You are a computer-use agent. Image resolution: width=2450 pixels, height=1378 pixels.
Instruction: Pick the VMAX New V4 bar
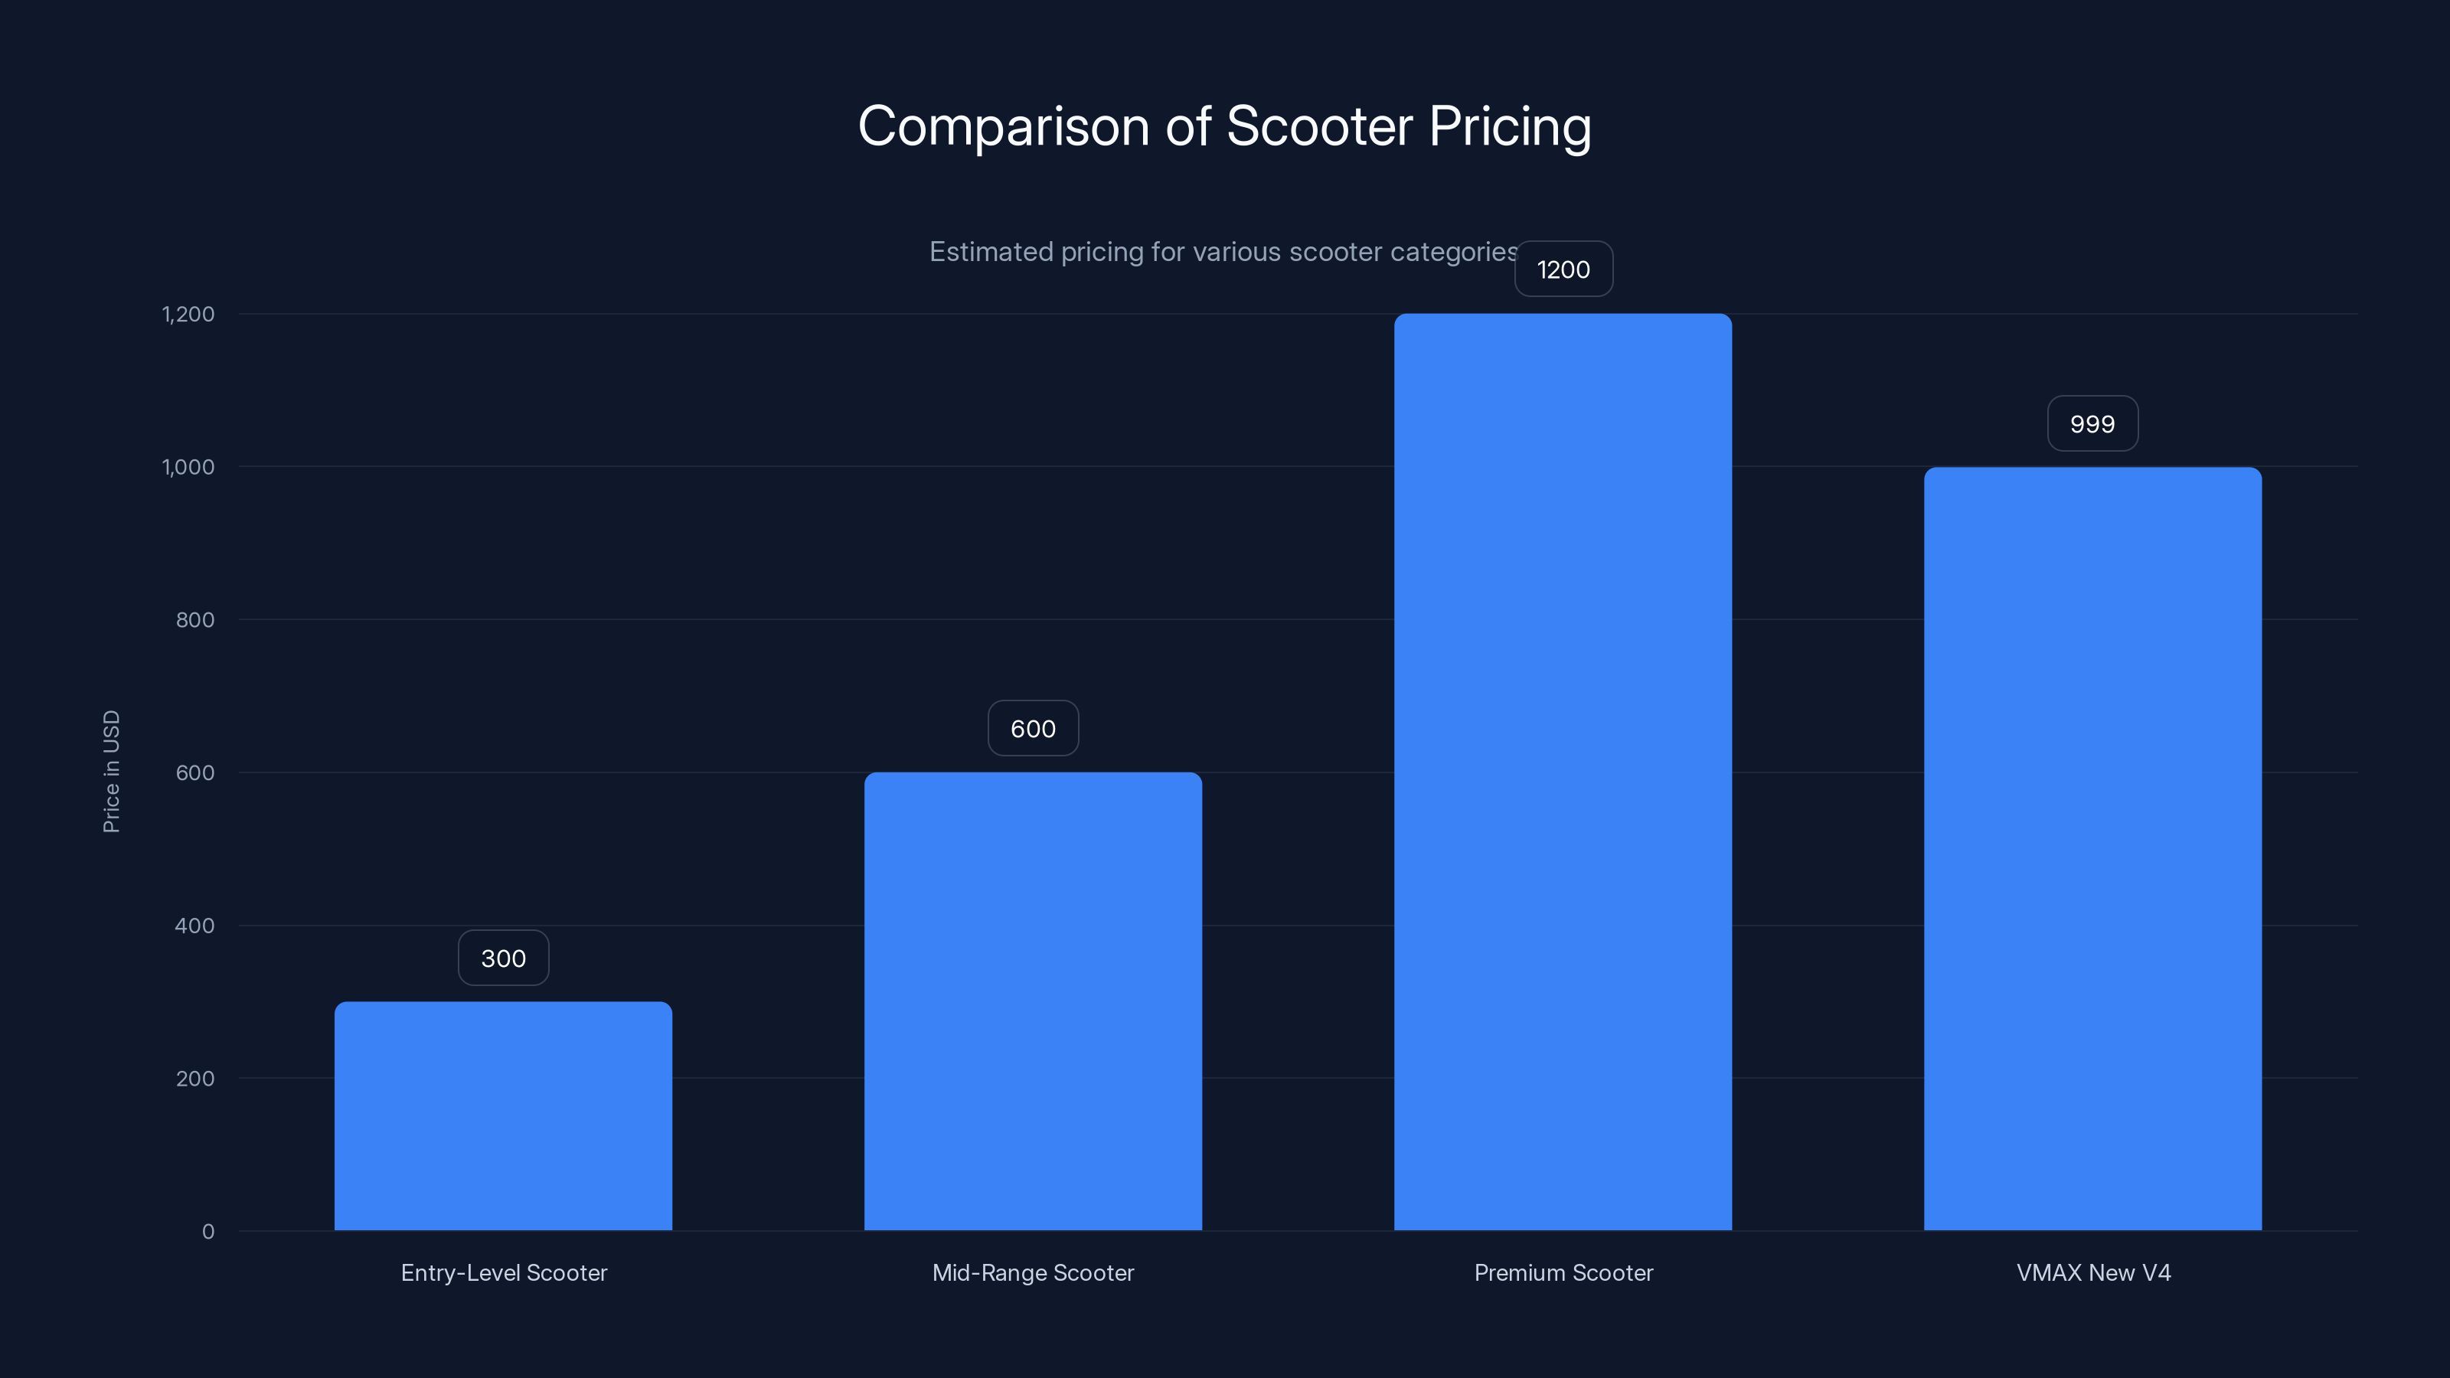pyautogui.click(x=2092, y=848)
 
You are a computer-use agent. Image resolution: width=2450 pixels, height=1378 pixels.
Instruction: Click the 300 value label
pyautogui.click(x=503, y=958)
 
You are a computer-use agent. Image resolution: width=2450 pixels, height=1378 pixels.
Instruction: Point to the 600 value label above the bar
pyautogui.click(x=1033, y=729)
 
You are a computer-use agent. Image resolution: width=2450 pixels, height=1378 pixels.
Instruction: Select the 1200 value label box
pyautogui.click(x=1563, y=269)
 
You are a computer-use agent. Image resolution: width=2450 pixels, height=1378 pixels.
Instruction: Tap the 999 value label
pyautogui.click(x=2092, y=424)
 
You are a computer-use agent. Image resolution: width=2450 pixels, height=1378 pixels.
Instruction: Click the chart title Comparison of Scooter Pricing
pyautogui.click(x=1224, y=126)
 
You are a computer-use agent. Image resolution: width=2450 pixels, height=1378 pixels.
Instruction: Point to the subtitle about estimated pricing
pyautogui.click(x=1223, y=252)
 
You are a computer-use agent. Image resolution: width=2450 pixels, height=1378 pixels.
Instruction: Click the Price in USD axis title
pyautogui.click(x=111, y=771)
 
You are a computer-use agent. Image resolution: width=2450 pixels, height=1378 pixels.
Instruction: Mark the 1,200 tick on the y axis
pyautogui.click(x=188, y=314)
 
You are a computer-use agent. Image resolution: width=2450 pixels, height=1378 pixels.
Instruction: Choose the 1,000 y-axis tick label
pyautogui.click(x=188, y=467)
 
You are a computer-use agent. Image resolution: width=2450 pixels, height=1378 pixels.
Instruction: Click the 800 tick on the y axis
pyautogui.click(x=195, y=620)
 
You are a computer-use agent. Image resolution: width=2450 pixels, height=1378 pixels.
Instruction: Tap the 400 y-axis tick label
pyautogui.click(x=195, y=926)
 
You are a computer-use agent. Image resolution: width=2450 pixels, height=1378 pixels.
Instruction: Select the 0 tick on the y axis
pyautogui.click(x=208, y=1232)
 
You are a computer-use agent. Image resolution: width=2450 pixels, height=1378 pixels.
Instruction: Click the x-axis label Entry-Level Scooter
pyautogui.click(x=504, y=1272)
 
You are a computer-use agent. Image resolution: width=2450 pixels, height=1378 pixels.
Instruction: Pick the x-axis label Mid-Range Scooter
pyautogui.click(x=1033, y=1272)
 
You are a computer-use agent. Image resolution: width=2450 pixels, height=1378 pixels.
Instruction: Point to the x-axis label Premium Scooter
pyautogui.click(x=1563, y=1272)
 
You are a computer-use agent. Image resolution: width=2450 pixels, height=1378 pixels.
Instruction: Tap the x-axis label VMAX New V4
pyautogui.click(x=2093, y=1272)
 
